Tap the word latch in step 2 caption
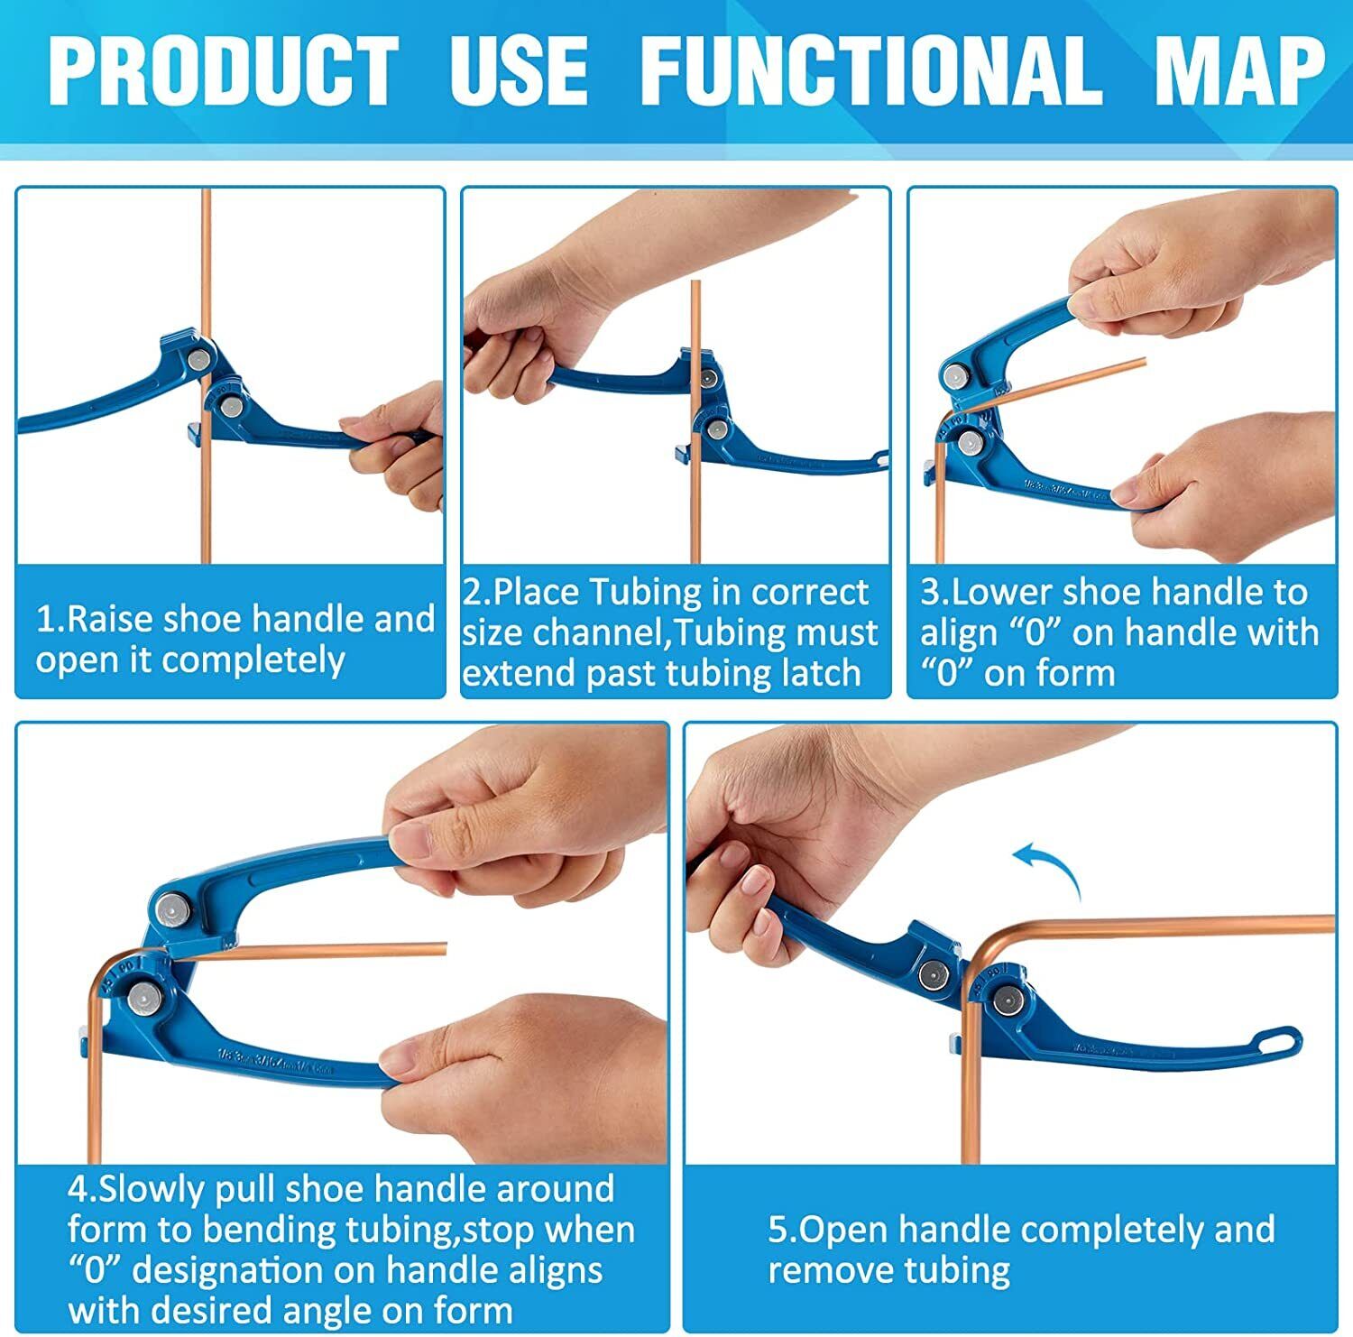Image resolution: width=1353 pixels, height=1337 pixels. pos(819,673)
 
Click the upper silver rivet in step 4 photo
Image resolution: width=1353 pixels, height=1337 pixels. pos(170,909)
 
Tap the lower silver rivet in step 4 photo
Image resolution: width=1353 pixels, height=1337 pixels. pos(144,997)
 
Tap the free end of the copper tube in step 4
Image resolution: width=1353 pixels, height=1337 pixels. pos(444,949)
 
